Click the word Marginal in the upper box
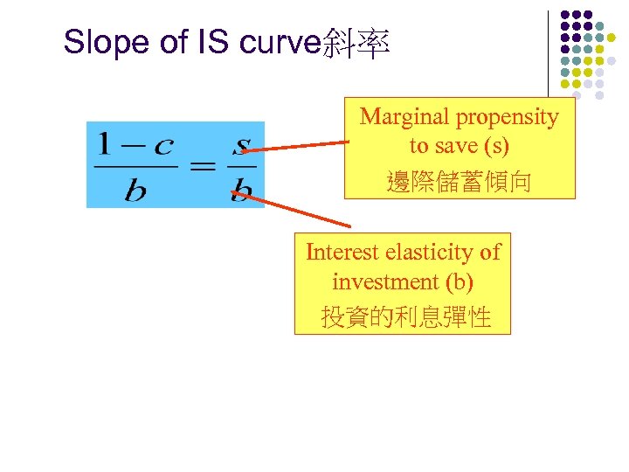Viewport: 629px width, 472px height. tap(403, 116)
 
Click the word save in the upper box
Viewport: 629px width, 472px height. tap(460, 146)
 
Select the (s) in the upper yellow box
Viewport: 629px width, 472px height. tap(496, 146)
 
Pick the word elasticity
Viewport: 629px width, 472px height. tap(427, 253)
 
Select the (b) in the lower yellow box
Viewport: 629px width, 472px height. tap(460, 282)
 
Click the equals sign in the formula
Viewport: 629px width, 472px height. tap(203, 165)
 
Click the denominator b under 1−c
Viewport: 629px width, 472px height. tap(135, 189)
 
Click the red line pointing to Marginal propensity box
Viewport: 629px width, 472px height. tap(297, 146)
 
